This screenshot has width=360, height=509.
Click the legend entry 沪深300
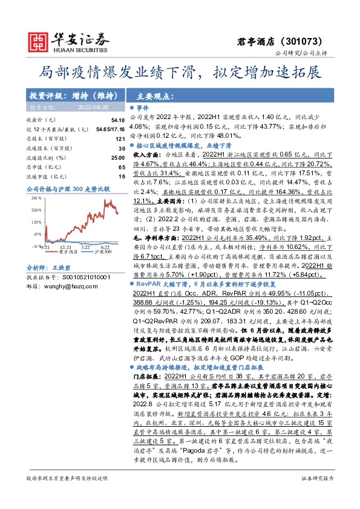pos(94,253)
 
